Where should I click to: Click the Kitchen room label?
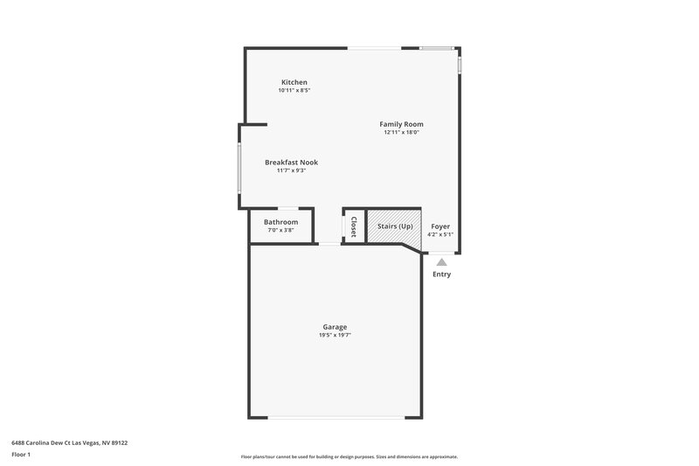(294, 82)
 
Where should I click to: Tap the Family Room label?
(401, 124)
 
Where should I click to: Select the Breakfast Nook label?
(291, 163)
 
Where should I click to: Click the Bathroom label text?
(281, 222)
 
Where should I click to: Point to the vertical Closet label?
(354, 226)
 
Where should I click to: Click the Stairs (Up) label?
(395, 226)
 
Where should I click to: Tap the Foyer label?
(440, 226)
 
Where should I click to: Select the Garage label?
(335, 327)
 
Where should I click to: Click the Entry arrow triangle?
(441, 261)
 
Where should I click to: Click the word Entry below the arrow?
(441, 275)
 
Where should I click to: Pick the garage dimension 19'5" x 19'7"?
(335, 335)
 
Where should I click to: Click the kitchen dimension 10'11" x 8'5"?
(294, 90)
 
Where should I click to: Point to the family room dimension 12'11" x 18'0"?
(401, 133)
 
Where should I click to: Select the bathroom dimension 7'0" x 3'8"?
(281, 231)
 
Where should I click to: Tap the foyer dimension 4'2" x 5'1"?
(440, 234)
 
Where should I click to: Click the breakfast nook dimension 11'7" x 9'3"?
(291, 170)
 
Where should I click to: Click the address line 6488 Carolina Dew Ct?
(69, 442)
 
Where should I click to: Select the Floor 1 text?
(22, 456)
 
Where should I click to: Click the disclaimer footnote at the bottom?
(349, 456)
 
